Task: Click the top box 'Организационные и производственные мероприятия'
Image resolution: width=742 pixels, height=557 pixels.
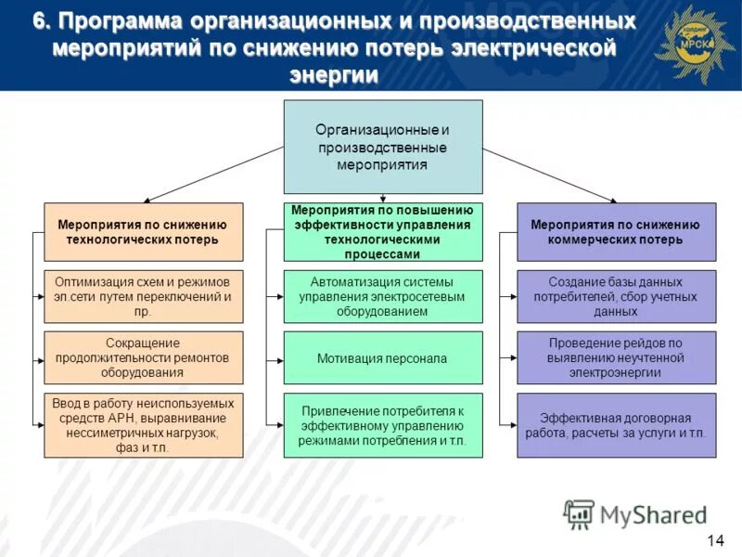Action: click(x=382, y=147)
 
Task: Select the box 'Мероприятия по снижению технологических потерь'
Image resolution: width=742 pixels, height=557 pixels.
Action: click(x=143, y=232)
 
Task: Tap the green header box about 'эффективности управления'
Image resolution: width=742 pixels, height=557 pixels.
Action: click(x=382, y=232)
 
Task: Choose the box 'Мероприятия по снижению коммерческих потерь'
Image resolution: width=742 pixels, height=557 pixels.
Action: click(x=616, y=232)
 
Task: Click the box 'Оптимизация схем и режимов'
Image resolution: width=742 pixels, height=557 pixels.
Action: click(x=143, y=296)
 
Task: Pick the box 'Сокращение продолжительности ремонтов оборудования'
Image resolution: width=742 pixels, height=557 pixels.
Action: click(x=143, y=357)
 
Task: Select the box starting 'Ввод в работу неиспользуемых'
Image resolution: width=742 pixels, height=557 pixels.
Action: click(x=143, y=425)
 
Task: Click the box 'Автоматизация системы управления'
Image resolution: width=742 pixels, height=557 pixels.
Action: click(x=382, y=296)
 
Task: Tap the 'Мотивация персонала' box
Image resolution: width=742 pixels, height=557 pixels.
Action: click(x=382, y=357)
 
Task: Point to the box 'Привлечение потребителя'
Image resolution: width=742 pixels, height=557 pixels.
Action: click(x=382, y=425)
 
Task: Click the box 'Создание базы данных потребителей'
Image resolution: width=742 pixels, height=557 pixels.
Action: click(x=616, y=296)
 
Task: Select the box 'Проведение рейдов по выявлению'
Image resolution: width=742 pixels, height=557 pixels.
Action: click(x=616, y=357)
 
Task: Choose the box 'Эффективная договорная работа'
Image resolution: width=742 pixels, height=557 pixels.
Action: click(x=616, y=425)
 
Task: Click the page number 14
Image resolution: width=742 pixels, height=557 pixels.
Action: click(x=714, y=541)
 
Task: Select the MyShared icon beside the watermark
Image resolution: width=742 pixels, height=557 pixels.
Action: click(x=579, y=514)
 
